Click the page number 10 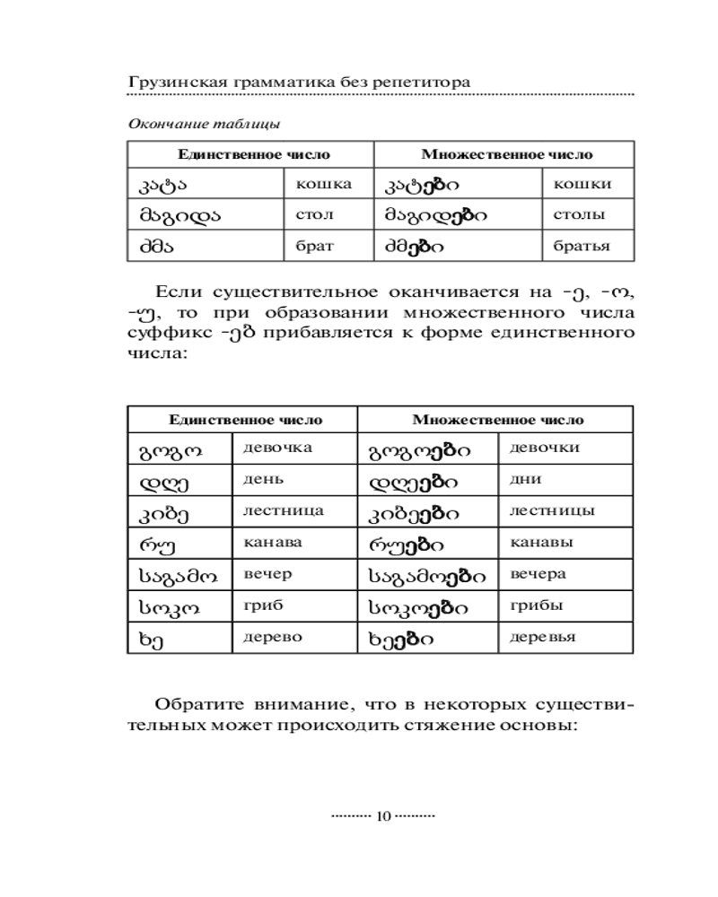point(383,816)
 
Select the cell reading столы point(581,215)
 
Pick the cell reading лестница point(284,510)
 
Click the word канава point(273,542)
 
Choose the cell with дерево point(273,637)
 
